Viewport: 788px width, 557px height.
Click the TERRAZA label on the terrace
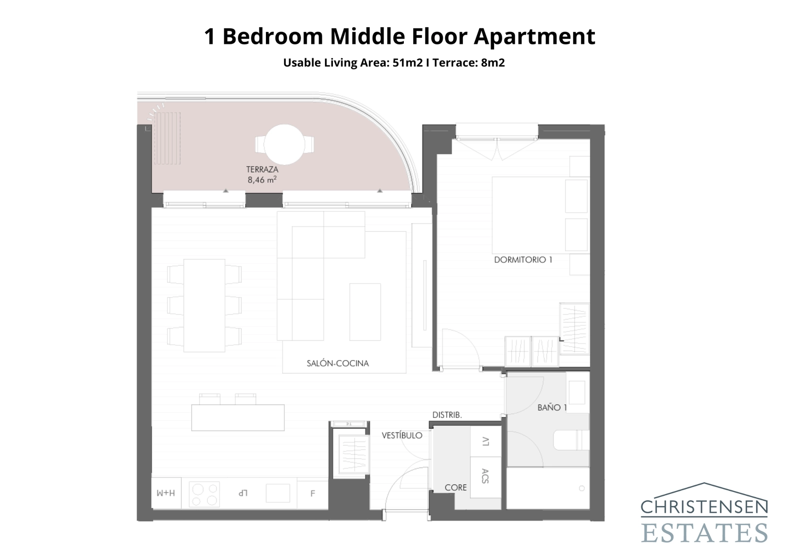click(x=262, y=169)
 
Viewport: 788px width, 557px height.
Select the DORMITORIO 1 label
click(x=523, y=260)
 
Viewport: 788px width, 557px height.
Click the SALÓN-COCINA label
click(x=337, y=363)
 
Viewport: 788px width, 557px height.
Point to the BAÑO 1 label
click(x=552, y=407)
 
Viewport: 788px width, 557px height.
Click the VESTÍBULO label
click(x=402, y=435)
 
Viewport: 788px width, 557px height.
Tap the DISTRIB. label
click(x=447, y=415)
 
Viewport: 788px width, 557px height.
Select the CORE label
click(x=456, y=488)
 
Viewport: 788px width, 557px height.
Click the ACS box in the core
click(x=485, y=476)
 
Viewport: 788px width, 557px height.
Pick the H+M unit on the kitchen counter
click(x=166, y=493)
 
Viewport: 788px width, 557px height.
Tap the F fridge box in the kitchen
click(x=312, y=493)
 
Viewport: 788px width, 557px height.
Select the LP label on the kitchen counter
click(x=242, y=493)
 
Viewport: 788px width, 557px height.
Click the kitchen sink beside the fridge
click(x=278, y=493)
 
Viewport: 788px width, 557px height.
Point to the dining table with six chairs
click(x=204, y=305)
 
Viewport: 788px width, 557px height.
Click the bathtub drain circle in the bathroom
click(x=582, y=489)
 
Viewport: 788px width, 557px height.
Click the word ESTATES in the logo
click(x=704, y=532)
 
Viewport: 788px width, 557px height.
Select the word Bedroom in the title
click(x=272, y=36)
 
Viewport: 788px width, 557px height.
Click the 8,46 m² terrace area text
click(x=262, y=180)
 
